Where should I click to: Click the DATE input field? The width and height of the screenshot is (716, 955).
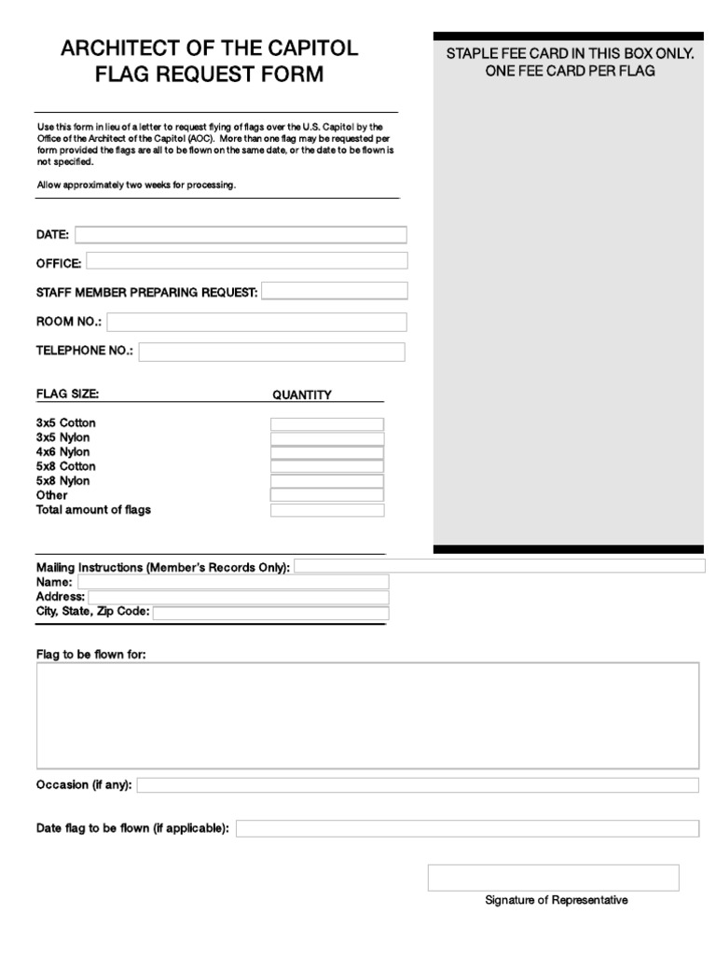(241, 234)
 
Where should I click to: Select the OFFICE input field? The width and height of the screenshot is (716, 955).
(246, 260)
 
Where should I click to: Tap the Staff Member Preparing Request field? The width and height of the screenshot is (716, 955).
(334, 291)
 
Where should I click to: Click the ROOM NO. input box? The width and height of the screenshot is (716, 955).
(257, 322)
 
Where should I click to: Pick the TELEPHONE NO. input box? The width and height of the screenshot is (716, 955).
(271, 352)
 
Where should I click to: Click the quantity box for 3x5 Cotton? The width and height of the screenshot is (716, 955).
(326, 424)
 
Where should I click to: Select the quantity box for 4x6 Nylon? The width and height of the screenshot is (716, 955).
(326, 453)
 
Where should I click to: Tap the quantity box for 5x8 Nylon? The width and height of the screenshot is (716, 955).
(326, 481)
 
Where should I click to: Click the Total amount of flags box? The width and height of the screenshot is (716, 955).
(326, 510)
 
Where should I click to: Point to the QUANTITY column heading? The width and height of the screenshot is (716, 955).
(301, 394)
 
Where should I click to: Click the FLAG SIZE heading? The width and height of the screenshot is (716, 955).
(67, 394)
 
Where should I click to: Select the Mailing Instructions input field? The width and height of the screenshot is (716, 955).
(500, 566)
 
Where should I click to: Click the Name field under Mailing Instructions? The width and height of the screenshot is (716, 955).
(233, 582)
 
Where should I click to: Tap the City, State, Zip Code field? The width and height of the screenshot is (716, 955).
(269, 613)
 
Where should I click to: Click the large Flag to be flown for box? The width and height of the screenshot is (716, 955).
(367, 714)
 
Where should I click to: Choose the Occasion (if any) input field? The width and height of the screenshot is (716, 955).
(417, 785)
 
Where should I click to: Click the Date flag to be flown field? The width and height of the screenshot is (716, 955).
(466, 828)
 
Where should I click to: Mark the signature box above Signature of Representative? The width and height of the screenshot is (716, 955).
(553, 878)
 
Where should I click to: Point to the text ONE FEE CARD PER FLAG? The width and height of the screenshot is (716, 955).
(570, 72)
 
